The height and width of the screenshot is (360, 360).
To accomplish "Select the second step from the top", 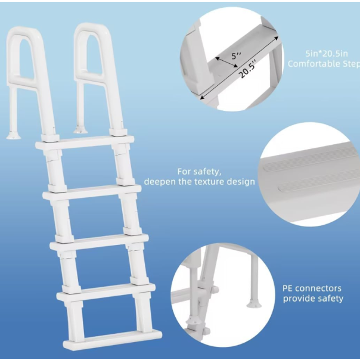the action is click(x=92, y=191).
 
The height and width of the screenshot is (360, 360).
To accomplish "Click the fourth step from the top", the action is click(x=106, y=291).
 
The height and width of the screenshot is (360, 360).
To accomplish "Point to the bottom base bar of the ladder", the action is click(x=113, y=339).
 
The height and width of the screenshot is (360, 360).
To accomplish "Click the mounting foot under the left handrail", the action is click(x=13, y=135).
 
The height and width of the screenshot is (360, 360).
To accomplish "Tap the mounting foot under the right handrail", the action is click(x=80, y=130).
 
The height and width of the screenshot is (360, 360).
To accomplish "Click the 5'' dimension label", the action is click(x=236, y=55).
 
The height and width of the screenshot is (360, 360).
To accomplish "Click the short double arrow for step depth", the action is click(x=226, y=62).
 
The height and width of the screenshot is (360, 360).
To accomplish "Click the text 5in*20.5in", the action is click(x=327, y=54).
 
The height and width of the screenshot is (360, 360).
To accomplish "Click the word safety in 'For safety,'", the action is click(x=207, y=172).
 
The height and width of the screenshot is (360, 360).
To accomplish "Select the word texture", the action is click(x=209, y=182).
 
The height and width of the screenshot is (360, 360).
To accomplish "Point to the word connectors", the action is click(x=319, y=288).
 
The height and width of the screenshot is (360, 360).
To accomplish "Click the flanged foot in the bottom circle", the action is click(x=254, y=304).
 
